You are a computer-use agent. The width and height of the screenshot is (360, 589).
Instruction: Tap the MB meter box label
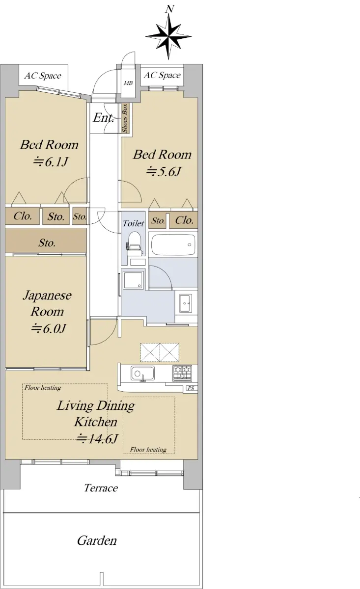tap(128, 83)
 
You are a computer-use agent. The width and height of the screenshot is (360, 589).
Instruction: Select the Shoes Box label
tap(125, 118)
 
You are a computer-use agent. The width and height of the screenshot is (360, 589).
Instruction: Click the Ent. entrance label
tap(104, 117)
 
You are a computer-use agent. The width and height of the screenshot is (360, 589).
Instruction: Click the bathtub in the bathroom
tap(173, 244)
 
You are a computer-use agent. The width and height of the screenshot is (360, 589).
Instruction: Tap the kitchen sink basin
tap(142, 373)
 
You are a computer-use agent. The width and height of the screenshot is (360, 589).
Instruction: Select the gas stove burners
tap(182, 373)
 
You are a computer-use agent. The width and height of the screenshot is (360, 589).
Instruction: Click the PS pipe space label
tap(191, 388)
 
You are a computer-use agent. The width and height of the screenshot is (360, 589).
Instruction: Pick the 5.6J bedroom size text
tap(164, 172)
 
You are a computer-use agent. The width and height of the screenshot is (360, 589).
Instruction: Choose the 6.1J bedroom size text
tap(51, 161)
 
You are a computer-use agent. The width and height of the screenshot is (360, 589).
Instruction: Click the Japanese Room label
tap(47, 303)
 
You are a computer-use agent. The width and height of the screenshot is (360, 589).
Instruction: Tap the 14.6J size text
tap(97, 438)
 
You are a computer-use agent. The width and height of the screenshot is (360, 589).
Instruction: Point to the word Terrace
tap(101, 488)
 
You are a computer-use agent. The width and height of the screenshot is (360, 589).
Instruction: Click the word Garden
tap(97, 540)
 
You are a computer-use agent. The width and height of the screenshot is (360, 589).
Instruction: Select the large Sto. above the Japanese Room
tap(47, 242)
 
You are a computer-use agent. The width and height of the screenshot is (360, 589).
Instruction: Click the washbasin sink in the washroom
tap(186, 303)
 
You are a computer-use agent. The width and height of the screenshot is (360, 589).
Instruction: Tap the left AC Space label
tap(43, 76)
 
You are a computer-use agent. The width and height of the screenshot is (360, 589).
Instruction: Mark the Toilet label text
tap(133, 223)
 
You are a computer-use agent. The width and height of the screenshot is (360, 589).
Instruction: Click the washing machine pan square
tap(134, 279)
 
